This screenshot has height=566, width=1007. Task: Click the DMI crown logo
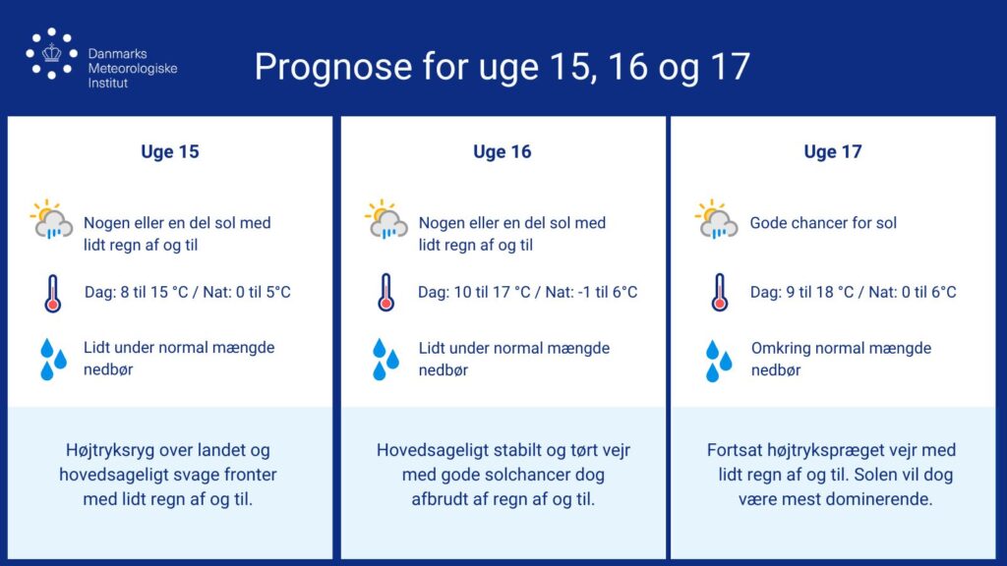[x=51, y=54]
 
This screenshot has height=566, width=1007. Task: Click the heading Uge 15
[x=170, y=152]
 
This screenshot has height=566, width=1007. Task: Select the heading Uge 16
[x=503, y=152]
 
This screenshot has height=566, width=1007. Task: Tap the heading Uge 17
[x=833, y=152]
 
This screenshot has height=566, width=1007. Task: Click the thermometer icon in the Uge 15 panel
[x=53, y=293]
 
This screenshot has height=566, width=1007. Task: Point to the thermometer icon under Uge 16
[x=385, y=293]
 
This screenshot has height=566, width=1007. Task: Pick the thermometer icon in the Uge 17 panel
[x=719, y=293]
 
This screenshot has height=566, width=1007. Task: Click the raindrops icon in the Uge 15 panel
[x=53, y=360]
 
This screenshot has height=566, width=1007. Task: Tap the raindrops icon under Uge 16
[x=385, y=360]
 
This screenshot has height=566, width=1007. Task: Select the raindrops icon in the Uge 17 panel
[x=719, y=361]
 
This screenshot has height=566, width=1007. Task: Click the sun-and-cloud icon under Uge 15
[x=51, y=219]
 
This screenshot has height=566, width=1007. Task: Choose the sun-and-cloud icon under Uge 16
[x=385, y=219]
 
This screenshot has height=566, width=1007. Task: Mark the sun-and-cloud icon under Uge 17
[x=716, y=219]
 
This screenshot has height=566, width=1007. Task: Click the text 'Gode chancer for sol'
[x=823, y=223]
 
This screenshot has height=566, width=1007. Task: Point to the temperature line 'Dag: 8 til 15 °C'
[x=136, y=293]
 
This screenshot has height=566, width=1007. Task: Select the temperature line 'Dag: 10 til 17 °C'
[x=474, y=293]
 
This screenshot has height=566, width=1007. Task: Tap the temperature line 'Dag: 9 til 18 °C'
[x=802, y=293]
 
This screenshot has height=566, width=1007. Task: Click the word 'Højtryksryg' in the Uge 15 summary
[x=110, y=450]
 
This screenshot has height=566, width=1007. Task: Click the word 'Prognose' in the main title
[x=333, y=67]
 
